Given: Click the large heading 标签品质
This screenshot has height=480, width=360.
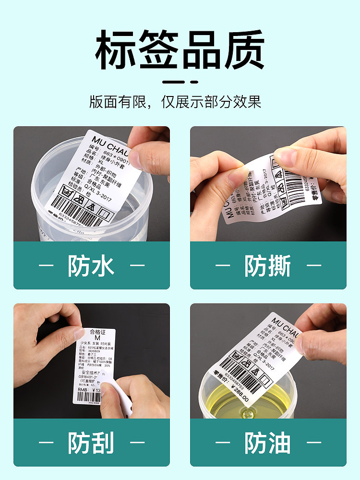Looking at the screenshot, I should click(180, 50).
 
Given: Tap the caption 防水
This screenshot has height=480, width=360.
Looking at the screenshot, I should click(91, 265).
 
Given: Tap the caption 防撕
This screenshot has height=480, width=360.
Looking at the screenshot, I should click(268, 265).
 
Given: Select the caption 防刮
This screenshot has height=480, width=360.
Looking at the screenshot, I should click(91, 443).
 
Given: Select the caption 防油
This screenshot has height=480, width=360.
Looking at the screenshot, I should click(268, 443).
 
